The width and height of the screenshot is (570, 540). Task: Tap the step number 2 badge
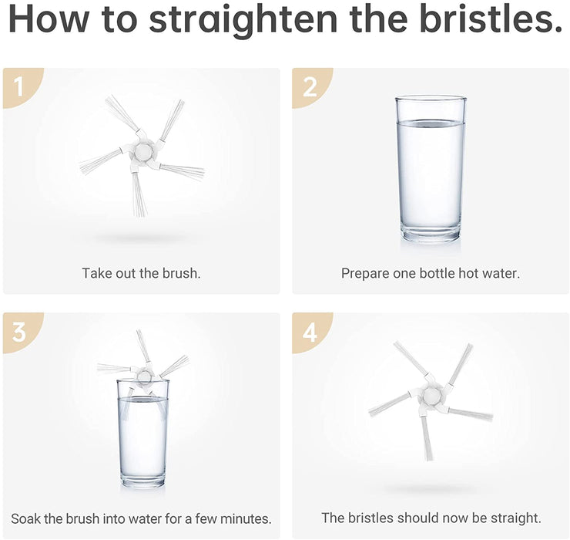(310, 87)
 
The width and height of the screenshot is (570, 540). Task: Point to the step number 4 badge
(310, 332)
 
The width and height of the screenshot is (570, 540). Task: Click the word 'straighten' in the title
(243, 20)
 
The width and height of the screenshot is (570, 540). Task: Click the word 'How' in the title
(49, 19)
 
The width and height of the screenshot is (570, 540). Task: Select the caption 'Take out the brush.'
(141, 273)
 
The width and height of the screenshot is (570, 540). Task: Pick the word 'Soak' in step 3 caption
(26, 518)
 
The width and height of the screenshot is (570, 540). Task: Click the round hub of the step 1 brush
(142, 150)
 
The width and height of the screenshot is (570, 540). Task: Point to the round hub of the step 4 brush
(431, 395)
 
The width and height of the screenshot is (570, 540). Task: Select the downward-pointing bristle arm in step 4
(427, 437)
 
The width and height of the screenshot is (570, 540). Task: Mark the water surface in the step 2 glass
(430, 124)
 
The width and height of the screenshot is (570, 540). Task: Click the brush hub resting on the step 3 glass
(142, 376)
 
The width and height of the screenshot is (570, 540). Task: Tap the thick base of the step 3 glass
(142, 481)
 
